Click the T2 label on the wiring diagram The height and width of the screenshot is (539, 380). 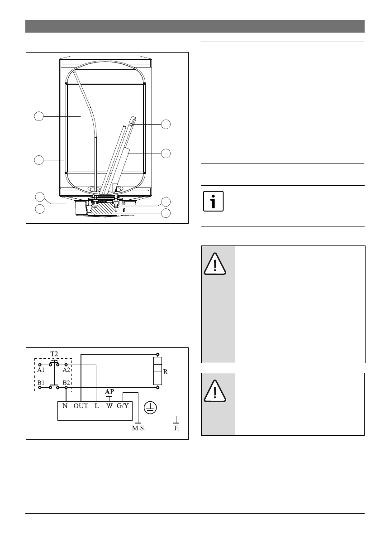click(x=54, y=354)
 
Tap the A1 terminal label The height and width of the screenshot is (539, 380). click(x=41, y=370)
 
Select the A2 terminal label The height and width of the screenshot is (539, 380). click(x=66, y=370)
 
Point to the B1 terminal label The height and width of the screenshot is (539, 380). click(x=41, y=382)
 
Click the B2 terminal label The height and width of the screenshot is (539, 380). click(x=66, y=382)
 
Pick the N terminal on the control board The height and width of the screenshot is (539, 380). click(x=65, y=406)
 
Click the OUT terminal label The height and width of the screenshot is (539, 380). click(x=81, y=406)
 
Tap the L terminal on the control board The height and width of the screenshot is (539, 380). click(x=97, y=406)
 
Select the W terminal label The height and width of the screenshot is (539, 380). click(x=109, y=406)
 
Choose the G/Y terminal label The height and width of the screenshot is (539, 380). click(x=123, y=406)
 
